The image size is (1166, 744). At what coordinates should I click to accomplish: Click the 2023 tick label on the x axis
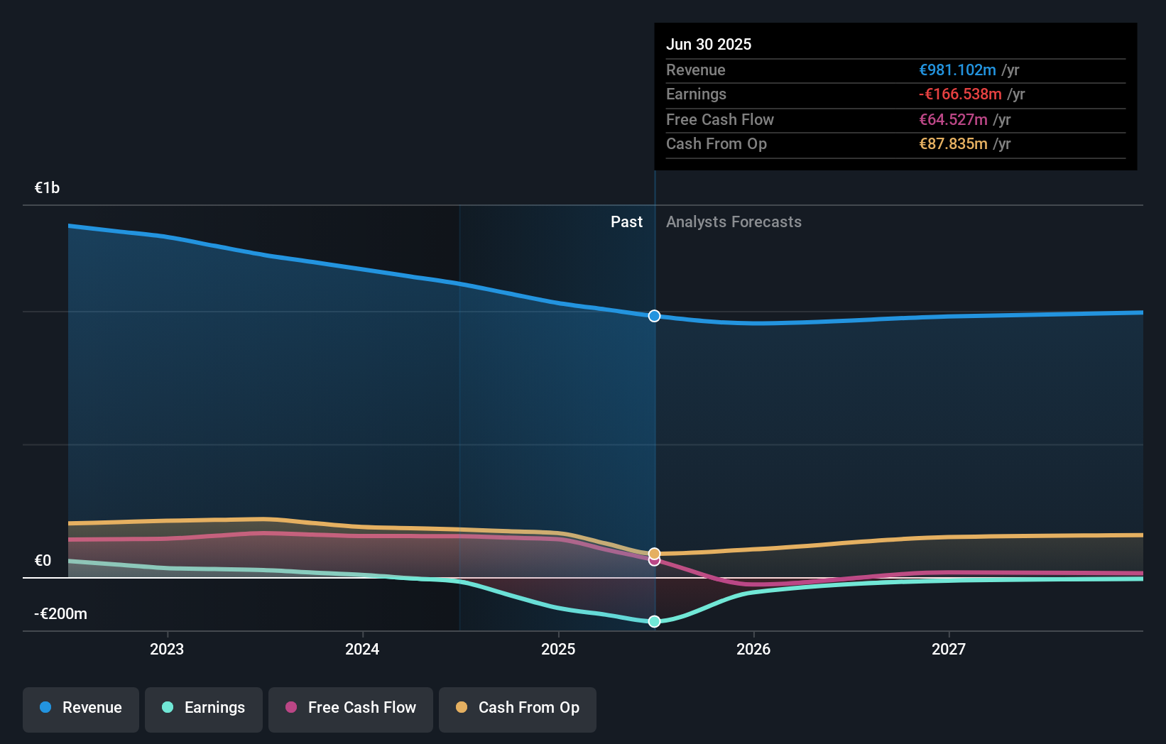click(x=167, y=649)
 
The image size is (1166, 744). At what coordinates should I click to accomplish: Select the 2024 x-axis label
click(x=362, y=649)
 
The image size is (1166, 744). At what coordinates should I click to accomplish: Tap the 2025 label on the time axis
click(x=558, y=649)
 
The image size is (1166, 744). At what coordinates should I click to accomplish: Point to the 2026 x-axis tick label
click(x=753, y=649)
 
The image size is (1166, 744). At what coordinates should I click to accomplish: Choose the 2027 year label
click(x=949, y=649)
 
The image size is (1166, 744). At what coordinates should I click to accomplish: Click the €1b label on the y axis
click(x=47, y=188)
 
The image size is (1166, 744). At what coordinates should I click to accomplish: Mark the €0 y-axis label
click(x=43, y=561)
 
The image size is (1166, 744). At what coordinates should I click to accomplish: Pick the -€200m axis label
click(x=60, y=614)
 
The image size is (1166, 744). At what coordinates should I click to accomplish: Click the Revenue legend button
click(x=81, y=709)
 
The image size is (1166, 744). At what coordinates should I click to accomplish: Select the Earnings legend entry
click(x=204, y=709)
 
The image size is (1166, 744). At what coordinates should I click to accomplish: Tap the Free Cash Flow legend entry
click(x=351, y=709)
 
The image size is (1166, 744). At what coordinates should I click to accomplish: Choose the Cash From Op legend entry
click(x=518, y=709)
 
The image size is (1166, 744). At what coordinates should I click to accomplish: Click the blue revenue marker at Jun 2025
click(x=655, y=316)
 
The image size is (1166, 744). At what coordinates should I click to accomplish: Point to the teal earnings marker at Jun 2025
click(x=655, y=621)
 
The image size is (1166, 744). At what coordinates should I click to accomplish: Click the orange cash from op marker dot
click(x=655, y=553)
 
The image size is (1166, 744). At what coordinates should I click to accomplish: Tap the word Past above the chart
click(x=626, y=222)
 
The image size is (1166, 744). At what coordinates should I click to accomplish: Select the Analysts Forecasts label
click(x=734, y=222)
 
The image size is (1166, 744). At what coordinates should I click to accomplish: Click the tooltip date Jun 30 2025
click(x=708, y=45)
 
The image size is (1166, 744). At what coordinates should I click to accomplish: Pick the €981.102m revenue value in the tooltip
click(x=957, y=70)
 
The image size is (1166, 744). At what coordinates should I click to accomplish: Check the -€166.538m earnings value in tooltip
click(x=959, y=94)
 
